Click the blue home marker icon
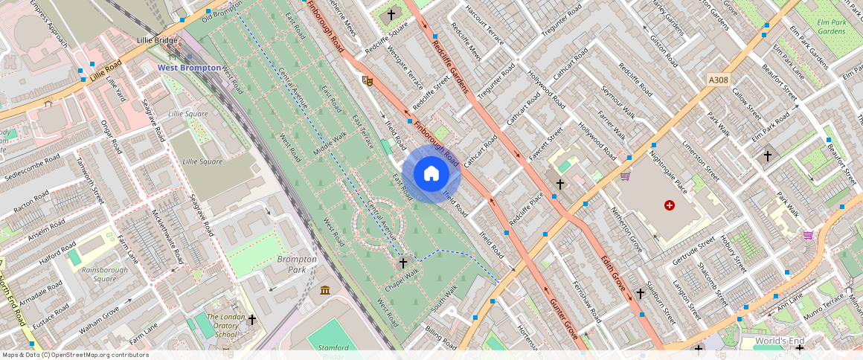pos(431,174)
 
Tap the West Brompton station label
pos(189,68)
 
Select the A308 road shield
pos(719,80)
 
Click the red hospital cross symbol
pos(670,205)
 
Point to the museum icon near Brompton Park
pos(325,289)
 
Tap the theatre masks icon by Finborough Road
pos(366,80)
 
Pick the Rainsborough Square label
pos(100,274)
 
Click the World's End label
pos(780,341)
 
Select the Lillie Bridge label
pos(156,39)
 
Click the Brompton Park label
pos(297,264)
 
